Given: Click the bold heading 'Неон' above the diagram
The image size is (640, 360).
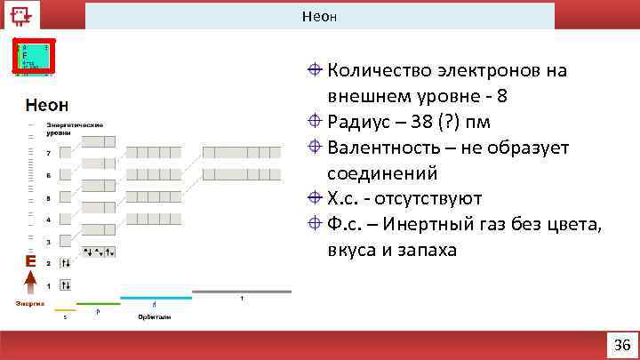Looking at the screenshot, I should (48, 106).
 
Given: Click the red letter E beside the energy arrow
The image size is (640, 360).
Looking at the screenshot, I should (30, 261).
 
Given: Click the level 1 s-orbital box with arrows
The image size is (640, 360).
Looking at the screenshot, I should (66, 284).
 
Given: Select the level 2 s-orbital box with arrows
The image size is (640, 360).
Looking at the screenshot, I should (66, 263).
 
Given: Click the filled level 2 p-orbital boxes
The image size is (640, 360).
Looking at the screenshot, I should (99, 252).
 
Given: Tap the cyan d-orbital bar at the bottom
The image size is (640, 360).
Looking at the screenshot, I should (156, 298).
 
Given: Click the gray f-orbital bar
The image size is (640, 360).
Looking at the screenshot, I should (241, 292).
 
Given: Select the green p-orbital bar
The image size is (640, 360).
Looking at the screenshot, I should (98, 304).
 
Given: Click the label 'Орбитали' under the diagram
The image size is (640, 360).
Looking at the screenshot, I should (153, 317).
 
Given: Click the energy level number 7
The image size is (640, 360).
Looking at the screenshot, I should (48, 153).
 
